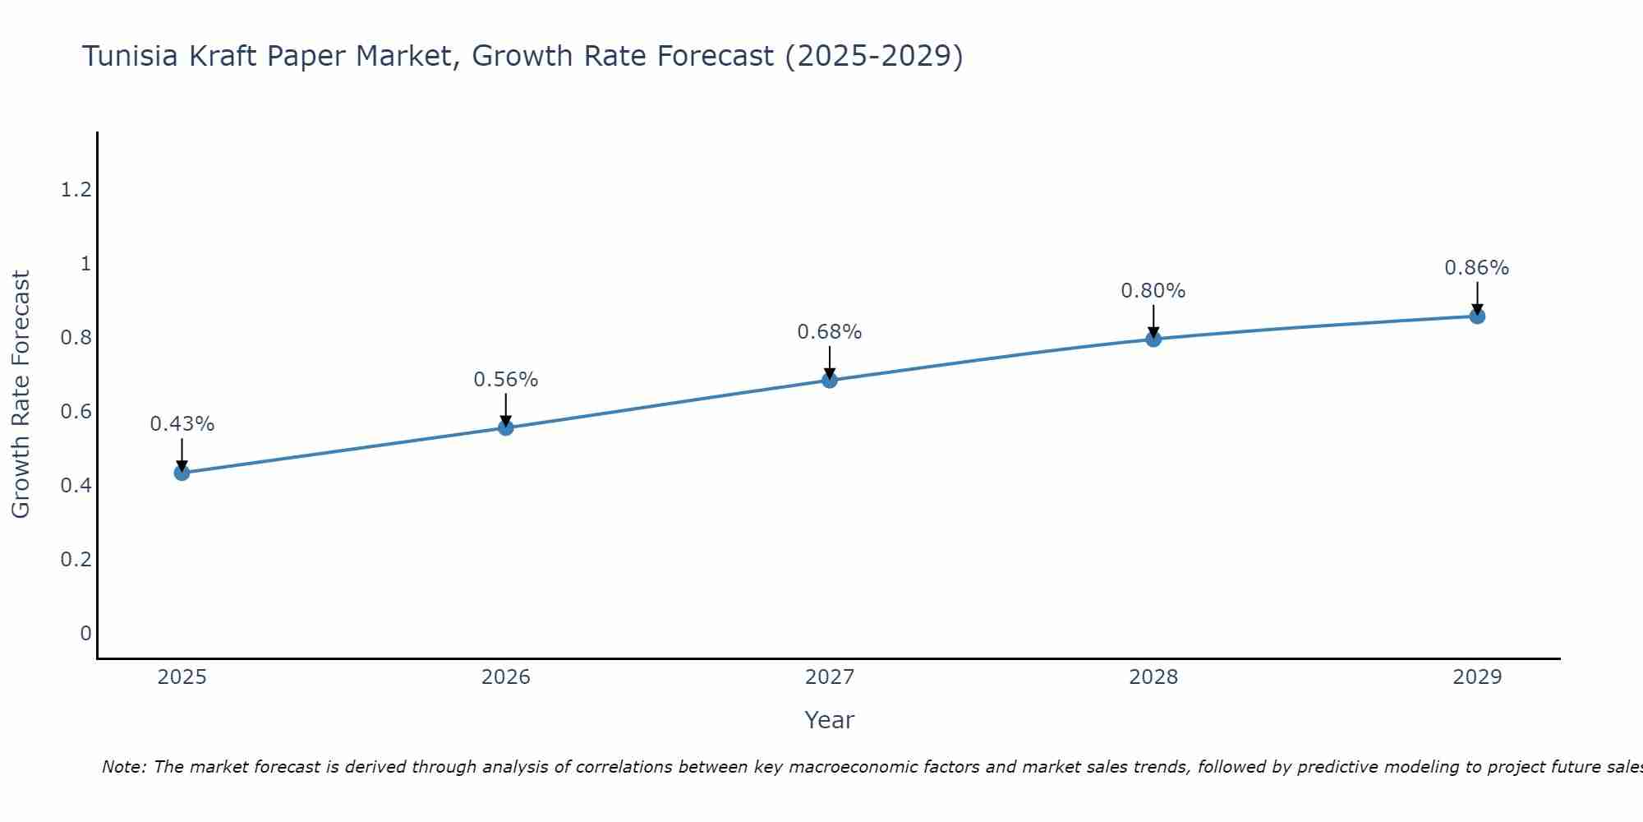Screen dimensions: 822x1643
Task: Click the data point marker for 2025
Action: pos(182,473)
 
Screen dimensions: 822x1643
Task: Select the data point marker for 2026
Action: pos(505,427)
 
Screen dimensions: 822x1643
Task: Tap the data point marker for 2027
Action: pos(829,380)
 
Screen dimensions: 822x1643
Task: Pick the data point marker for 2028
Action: pos(1153,339)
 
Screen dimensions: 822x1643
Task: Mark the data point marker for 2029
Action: pos(1476,316)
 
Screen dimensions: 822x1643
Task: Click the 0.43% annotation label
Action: pos(182,424)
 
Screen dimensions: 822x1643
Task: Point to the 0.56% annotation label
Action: pos(505,380)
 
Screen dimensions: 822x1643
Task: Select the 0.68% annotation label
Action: pos(829,332)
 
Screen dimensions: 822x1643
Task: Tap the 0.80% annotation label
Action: pos(1153,291)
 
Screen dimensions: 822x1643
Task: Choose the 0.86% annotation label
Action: pos(1476,268)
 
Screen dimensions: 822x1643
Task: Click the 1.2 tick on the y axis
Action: pos(76,190)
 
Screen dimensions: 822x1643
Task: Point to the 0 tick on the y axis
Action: pos(85,633)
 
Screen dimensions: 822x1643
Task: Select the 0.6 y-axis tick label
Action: pos(76,411)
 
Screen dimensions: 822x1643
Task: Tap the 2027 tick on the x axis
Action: pos(829,677)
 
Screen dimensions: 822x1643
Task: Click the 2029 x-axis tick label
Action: pos(1476,677)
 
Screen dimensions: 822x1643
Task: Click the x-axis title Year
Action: pos(829,720)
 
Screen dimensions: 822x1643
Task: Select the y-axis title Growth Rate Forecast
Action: pos(21,395)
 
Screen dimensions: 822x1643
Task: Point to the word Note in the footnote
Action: pos(123,767)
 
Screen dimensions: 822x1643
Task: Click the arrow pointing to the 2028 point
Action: pos(1153,321)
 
